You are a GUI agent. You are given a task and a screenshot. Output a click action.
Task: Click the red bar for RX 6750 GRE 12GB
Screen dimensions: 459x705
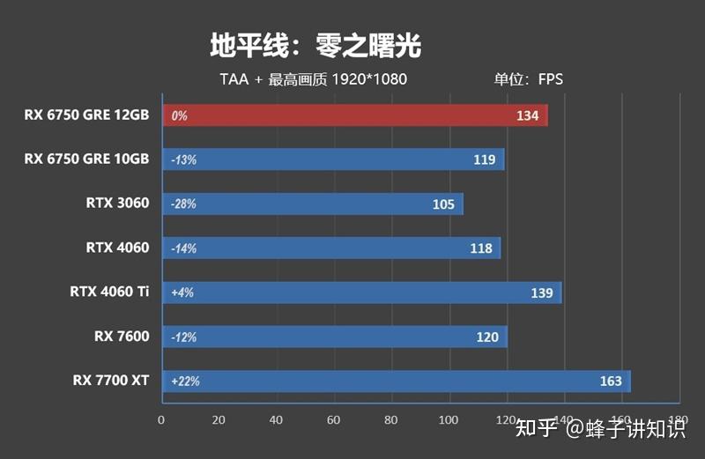352,115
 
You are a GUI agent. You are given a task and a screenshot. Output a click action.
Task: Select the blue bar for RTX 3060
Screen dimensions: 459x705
312,204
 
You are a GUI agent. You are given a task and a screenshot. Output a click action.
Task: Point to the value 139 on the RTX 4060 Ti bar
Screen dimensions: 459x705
542,292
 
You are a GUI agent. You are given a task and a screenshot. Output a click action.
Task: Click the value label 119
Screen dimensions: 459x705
484,160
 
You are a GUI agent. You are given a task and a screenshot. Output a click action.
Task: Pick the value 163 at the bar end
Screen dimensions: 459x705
611,381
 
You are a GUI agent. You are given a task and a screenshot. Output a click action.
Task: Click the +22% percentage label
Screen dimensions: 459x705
185,381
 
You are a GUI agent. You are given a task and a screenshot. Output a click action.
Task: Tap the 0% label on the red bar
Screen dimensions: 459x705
180,115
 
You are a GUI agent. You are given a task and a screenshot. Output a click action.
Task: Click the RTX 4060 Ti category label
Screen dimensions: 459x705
109,292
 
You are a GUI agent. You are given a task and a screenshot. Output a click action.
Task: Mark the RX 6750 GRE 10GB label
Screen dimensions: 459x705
86,159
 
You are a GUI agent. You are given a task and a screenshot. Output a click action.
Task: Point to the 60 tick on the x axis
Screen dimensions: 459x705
333,420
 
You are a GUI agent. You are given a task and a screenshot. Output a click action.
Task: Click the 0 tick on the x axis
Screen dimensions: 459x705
160,420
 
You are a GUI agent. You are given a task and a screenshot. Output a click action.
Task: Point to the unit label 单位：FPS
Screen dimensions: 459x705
528,79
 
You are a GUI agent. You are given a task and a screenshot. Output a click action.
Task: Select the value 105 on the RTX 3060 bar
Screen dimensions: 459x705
444,204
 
